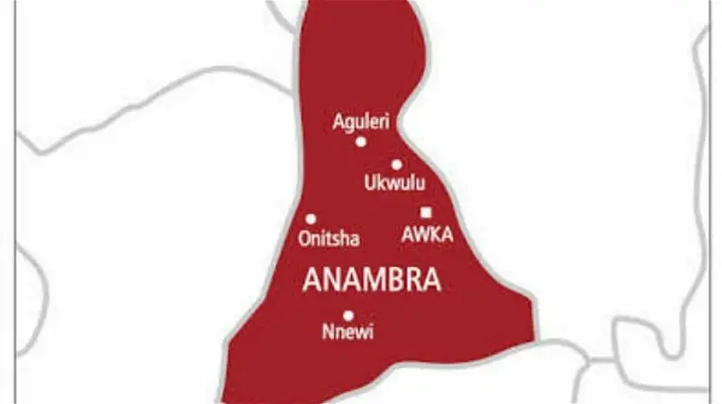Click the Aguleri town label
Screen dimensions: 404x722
point(361,121)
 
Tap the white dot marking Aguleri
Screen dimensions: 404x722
point(361,142)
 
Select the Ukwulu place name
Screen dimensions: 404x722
point(393,183)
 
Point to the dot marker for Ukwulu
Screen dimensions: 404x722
point(396,164)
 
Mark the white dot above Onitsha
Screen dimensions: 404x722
point(310,218)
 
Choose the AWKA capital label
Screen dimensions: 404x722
point(426,235)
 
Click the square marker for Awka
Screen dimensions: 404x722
point(426,213)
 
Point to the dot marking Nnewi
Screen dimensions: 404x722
point(348,315)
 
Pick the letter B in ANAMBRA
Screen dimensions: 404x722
point(393,281)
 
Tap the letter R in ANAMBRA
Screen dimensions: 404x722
point(412,281)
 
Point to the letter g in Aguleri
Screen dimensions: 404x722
point(347,123)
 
